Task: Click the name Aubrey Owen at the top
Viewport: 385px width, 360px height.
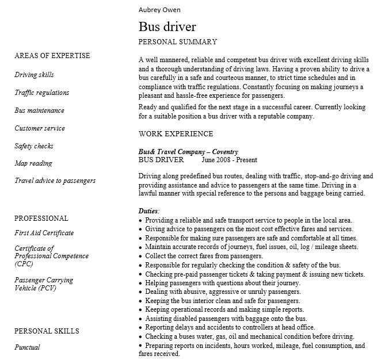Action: point(159,10)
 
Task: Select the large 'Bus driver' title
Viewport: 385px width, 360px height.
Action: point(167,26)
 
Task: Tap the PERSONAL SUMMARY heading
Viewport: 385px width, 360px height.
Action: point(178,42)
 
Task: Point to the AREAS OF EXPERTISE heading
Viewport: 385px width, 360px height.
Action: point(52,56)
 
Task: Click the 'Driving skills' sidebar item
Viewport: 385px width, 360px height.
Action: point(34,75)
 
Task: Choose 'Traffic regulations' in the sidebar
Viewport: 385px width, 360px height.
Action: point(41,93)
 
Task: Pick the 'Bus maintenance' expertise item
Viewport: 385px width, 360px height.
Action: point(39,110)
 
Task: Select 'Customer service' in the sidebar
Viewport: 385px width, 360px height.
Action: point(40,128)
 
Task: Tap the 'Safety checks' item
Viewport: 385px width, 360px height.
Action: point(34,146)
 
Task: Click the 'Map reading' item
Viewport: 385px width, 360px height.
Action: point(33,164)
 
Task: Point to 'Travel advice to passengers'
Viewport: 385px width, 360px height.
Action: point(55,181)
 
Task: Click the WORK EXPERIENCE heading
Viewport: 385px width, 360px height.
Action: point(176,134)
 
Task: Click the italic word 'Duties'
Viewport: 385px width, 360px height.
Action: point(148,211)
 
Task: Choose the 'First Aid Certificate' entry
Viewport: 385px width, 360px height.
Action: point(44,233)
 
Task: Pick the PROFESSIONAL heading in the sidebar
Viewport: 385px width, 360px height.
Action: point(41,219)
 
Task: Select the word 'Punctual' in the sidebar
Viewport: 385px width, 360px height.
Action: point(27,347)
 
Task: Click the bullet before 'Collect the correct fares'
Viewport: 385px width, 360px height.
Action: point(140,256)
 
